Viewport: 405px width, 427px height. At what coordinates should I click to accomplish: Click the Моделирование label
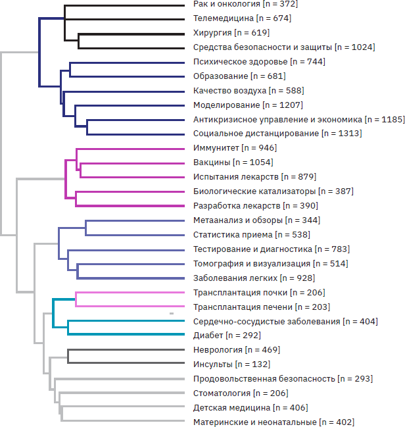pyautogui.click(x=226, y=105)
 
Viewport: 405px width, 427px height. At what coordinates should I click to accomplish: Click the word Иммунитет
pyautogui.click(x=216, y=148)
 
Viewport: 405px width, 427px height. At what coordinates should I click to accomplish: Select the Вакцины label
pyautogui.click(x=212, y=163)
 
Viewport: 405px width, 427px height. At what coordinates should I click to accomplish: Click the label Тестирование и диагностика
pyautogui.click(x=252, y=249)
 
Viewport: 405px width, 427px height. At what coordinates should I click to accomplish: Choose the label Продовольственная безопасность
pyautogui.click(x=264, y=379)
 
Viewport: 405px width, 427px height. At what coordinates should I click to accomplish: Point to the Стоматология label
pyautogui.click(x=222, y=393)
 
